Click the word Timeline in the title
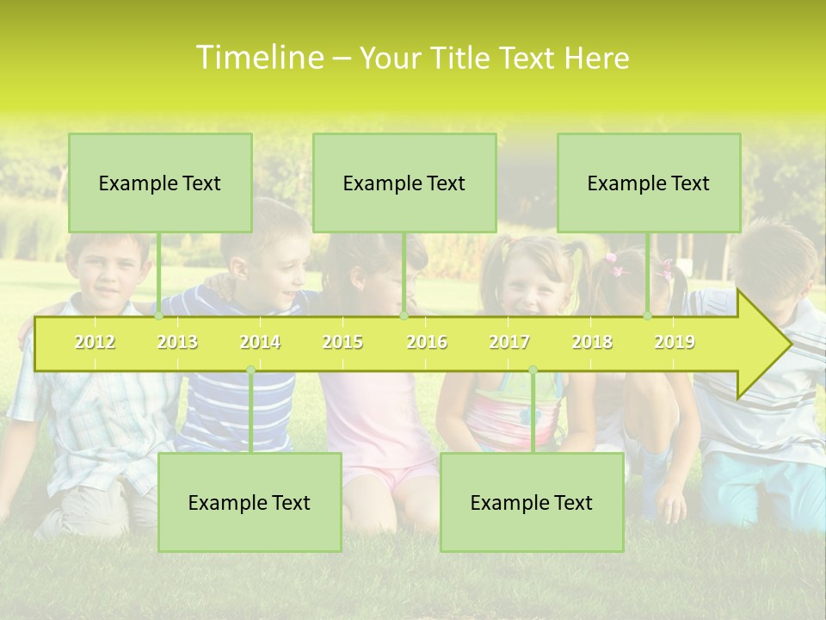(259, 58)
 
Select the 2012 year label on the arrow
(95, 342)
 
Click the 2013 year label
(177, 342)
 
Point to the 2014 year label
(260, 342)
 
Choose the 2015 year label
(342, 342)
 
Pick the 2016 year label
(427, 342)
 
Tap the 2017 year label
(509, 342)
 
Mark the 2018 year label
(592, 342)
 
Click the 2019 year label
(675, 342)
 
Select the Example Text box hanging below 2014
(250, 502)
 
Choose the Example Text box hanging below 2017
(532, 502)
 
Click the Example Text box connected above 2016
(404, 183)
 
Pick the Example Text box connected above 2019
(649, 183)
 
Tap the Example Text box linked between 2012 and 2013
(160, 183)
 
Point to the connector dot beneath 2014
(250, 370)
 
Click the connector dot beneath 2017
(533, 370)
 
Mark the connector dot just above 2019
(648, 316)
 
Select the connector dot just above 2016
(404, 316)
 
